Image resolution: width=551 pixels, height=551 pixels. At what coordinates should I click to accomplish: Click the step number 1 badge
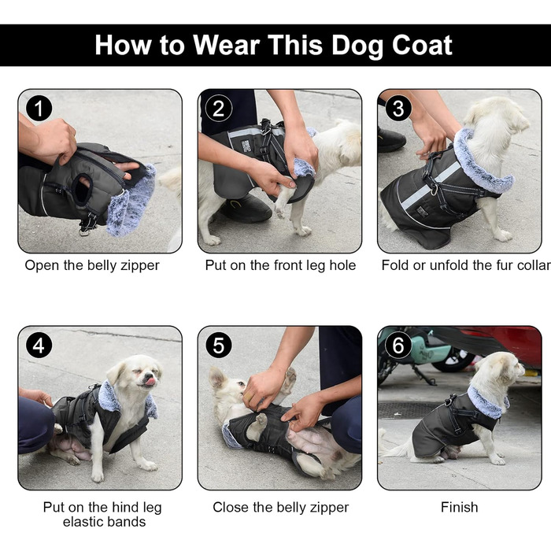click(39, 109)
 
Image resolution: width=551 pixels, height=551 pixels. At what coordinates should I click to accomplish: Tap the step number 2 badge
click(219, 109)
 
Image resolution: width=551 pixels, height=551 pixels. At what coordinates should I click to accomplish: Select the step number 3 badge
click(398, 109)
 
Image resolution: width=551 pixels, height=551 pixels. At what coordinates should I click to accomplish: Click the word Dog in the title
click(357, 46)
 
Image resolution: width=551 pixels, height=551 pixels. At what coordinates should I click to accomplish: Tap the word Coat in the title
click(422, 46)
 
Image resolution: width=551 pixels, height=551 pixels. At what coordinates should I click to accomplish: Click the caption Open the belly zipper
click(92, 265)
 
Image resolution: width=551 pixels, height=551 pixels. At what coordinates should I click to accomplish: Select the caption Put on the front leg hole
click(280, 265)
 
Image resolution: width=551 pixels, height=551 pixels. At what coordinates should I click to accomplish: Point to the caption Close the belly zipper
click(280, 508)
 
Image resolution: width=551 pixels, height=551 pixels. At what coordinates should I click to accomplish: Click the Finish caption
click(459, 508)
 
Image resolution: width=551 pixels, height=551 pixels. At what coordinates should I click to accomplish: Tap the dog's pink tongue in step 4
click(150, 382)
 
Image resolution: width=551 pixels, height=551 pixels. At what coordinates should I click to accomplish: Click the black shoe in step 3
click(391, 139)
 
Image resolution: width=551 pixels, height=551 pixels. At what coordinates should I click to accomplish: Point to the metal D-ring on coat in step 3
click(435, 190)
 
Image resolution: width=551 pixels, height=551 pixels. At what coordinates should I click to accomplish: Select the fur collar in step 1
click(131, 200)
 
